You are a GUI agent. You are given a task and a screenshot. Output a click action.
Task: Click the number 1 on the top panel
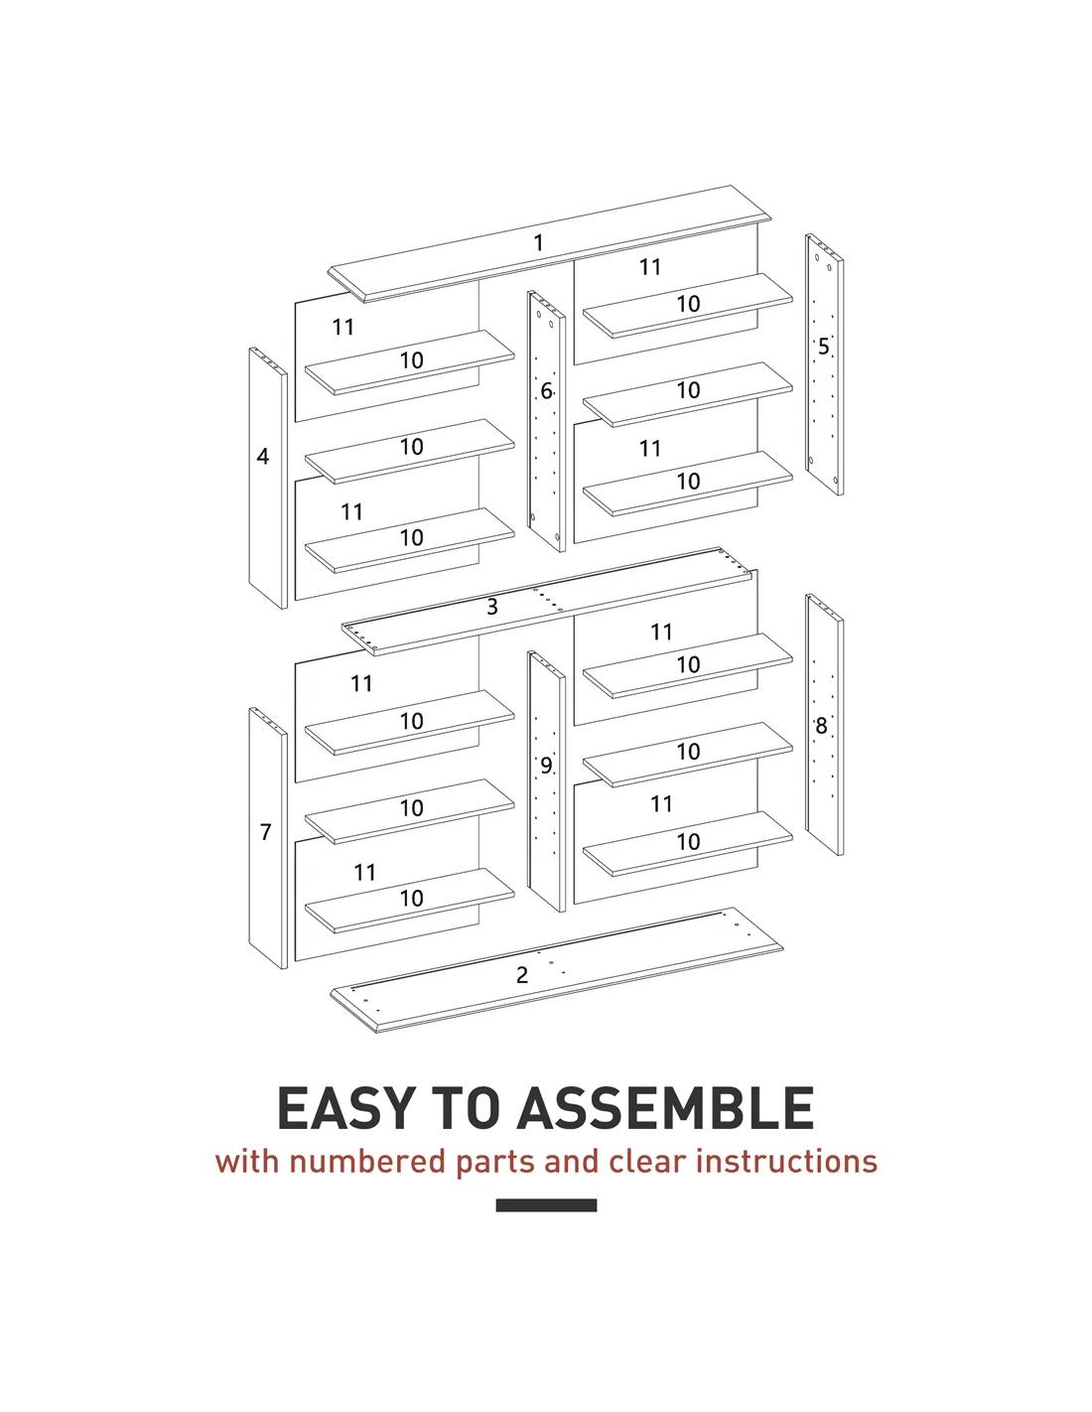click(x=538, y=243)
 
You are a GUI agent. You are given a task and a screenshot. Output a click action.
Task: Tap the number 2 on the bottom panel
click(x=522, y=975)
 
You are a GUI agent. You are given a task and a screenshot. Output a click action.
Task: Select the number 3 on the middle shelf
click(x=492, y=607)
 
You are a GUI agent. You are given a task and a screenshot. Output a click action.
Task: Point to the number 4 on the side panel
click(x=262, y=456)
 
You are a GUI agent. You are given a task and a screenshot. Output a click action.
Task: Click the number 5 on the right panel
click(x=824, y=347)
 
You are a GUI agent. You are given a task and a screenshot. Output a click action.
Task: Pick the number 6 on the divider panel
click(x=546, y=391)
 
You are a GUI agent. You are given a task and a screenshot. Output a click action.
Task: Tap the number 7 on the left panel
click(x=266, y=832)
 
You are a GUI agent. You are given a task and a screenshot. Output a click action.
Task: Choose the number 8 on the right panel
click(x=821, y=726)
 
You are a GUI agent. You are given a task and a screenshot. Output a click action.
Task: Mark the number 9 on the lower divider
click(x=546, y=766)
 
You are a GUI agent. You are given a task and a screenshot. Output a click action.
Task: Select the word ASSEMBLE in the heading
click(x=665, y=1109)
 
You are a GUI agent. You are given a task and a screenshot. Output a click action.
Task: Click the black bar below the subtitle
click(x=546, y=1205)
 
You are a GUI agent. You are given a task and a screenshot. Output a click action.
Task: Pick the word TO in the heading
click(x=466, y=1109)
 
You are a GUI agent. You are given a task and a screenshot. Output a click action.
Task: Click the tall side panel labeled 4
click(x=268, y=479)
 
